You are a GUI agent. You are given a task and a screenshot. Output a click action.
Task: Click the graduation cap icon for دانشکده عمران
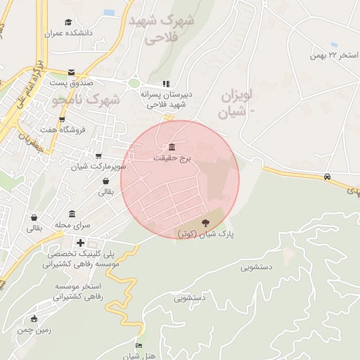tap(67, 22)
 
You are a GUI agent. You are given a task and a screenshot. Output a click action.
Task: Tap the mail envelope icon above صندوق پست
tap(71, 72)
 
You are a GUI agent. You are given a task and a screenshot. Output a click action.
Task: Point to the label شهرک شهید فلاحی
tap(162, 29)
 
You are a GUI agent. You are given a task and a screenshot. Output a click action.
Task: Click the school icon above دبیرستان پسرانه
tap(167, 83)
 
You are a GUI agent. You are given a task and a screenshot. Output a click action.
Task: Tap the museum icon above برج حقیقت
tap(172, 147)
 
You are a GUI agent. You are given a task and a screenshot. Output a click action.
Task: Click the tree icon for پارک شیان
tap(205, 222)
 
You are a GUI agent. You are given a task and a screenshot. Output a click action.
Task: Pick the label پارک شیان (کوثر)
tap(205, 233)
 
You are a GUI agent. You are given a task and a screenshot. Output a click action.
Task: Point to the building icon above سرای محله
tap(72, 214)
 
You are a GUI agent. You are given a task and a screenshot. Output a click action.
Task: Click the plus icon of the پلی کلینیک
tap(90, 243)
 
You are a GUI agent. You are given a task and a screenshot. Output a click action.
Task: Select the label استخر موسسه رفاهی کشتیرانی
tap(78, 291)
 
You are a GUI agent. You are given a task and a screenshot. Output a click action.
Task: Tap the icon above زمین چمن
tap(34, 319)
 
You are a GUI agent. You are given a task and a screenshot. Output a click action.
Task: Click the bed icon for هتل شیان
tap(139, 346)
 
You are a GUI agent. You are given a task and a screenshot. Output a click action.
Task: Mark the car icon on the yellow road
tap(328, 176)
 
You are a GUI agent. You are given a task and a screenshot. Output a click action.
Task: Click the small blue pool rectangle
tap(109, 13)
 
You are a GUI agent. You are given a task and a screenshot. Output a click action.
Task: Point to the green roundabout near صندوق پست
tap(134, 83)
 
